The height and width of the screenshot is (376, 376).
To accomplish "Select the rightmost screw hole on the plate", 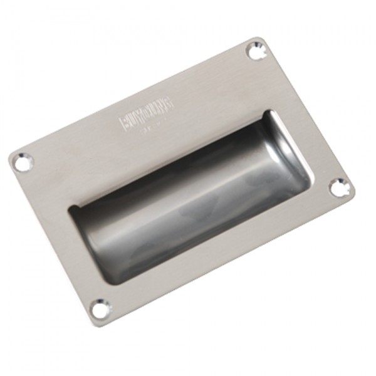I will click(338, 186).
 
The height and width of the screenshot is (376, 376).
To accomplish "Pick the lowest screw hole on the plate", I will click(100, 307).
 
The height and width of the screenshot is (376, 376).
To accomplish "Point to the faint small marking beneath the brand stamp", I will click(150, 130).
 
